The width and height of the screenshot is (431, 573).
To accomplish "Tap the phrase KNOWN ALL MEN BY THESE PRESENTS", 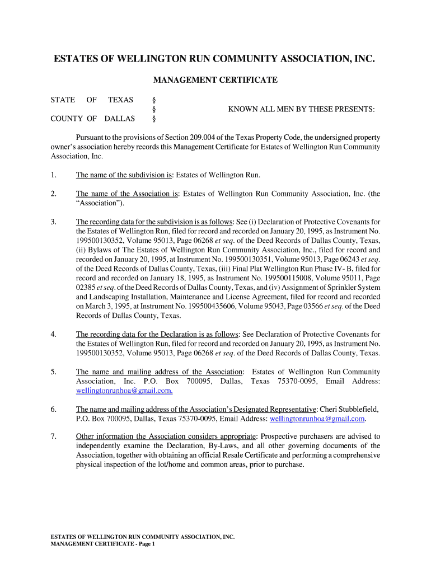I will tap(301, 109).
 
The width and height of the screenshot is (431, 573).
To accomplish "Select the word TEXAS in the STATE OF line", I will tap(120, 100).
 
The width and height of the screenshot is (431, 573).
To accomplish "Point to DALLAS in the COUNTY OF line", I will tap(120, 119).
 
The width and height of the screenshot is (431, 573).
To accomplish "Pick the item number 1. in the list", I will tap(53, 175).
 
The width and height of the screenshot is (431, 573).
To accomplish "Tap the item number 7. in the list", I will tap(53, 436).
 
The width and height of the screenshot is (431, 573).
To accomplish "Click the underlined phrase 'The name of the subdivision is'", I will tap(124, 175).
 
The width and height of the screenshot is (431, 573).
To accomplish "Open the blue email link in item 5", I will tap(124, 391).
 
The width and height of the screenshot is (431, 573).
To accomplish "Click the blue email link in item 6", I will tap(317, 419).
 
